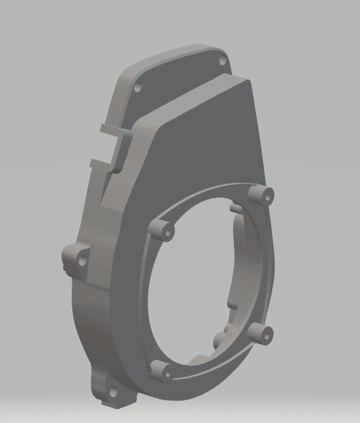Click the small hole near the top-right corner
223,61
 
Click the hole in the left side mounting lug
82,261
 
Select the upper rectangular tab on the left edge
110,127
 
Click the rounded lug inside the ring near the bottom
220,339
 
